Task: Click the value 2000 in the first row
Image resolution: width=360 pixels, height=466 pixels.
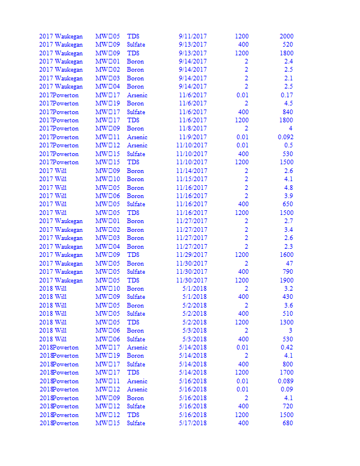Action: click(286, 36)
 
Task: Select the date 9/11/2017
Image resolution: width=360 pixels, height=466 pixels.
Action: click(192, 36)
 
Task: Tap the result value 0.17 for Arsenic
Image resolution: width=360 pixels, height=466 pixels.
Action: click(287, 95)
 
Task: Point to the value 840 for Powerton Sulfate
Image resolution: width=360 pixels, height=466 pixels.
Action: click(288, 112)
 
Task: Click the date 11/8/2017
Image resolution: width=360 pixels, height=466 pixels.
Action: click(192, 128)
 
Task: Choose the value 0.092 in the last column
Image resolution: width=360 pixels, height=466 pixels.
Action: click(285, 137)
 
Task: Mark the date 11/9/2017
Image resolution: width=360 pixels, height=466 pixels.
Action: click(192, 137)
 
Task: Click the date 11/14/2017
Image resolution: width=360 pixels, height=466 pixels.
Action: click(191, 171)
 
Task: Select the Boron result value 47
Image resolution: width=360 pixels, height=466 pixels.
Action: click(289, 263)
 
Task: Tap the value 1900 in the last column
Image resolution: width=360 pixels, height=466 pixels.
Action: click(286, 280)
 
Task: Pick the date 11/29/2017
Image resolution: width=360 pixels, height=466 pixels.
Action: click(191, 255)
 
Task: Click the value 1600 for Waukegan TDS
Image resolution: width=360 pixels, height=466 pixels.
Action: click(286, 255)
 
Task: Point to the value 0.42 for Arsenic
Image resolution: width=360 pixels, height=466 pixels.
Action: click(287, 347)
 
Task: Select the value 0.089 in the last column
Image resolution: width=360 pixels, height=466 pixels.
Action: click(285, 381)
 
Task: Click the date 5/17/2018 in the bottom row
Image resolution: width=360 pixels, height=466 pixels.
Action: click(192, 423)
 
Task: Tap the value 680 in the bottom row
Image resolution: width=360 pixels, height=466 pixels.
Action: click(288, 423)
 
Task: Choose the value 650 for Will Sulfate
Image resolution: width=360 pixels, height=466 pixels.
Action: click(288, 204)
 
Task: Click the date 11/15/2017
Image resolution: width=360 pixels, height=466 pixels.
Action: click(191, 179)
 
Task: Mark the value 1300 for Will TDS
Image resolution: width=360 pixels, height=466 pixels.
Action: click(286, 322)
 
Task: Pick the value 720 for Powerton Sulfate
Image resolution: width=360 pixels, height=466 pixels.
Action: click(288, 406)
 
